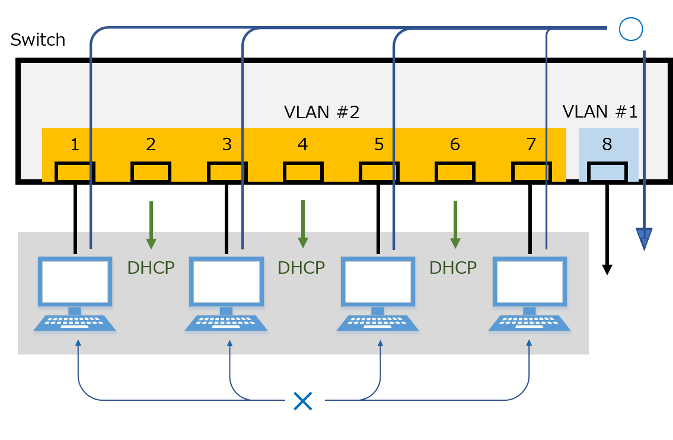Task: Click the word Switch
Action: coord(38,40)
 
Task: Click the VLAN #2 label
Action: coord(321,112)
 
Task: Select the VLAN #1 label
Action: coord(599,112)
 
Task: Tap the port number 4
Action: coord(303,144)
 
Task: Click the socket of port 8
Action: coord(607,172)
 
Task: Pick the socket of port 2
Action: coord(151,172)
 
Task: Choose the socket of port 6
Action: coord(455,172)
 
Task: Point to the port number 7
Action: coord(531,144)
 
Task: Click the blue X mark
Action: coord(303,401)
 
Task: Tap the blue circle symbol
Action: coord(631,29)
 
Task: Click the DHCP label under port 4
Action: coord(301,268)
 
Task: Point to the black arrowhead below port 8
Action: coord(607,270)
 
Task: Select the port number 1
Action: coord(75,144)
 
